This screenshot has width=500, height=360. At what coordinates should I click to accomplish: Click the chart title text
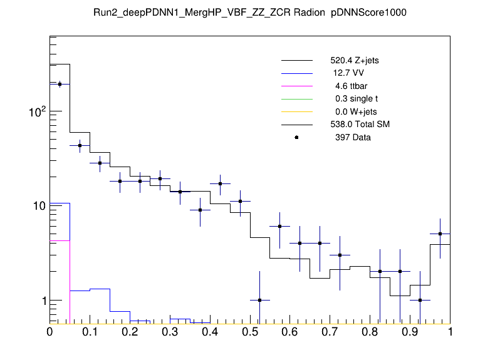[x=250, y=13]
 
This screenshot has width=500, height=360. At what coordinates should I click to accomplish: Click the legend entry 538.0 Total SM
[x=360, y=125]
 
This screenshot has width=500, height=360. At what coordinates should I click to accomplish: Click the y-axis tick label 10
[x=36, y=206]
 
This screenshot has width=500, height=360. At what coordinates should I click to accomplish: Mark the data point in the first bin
[x=60, y=84]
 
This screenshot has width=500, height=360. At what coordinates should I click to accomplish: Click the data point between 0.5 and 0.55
[x=260, y=300]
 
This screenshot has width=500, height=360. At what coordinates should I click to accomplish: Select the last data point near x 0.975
[x=440, y=234]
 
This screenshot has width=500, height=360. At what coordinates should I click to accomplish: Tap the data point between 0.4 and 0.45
[x=220, y=184]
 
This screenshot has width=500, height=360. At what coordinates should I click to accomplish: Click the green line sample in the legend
[x=296, y=99]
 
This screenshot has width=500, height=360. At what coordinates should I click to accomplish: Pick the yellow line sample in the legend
[x=296, y=111]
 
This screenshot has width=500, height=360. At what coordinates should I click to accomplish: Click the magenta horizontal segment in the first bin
[x=60, y=240]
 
